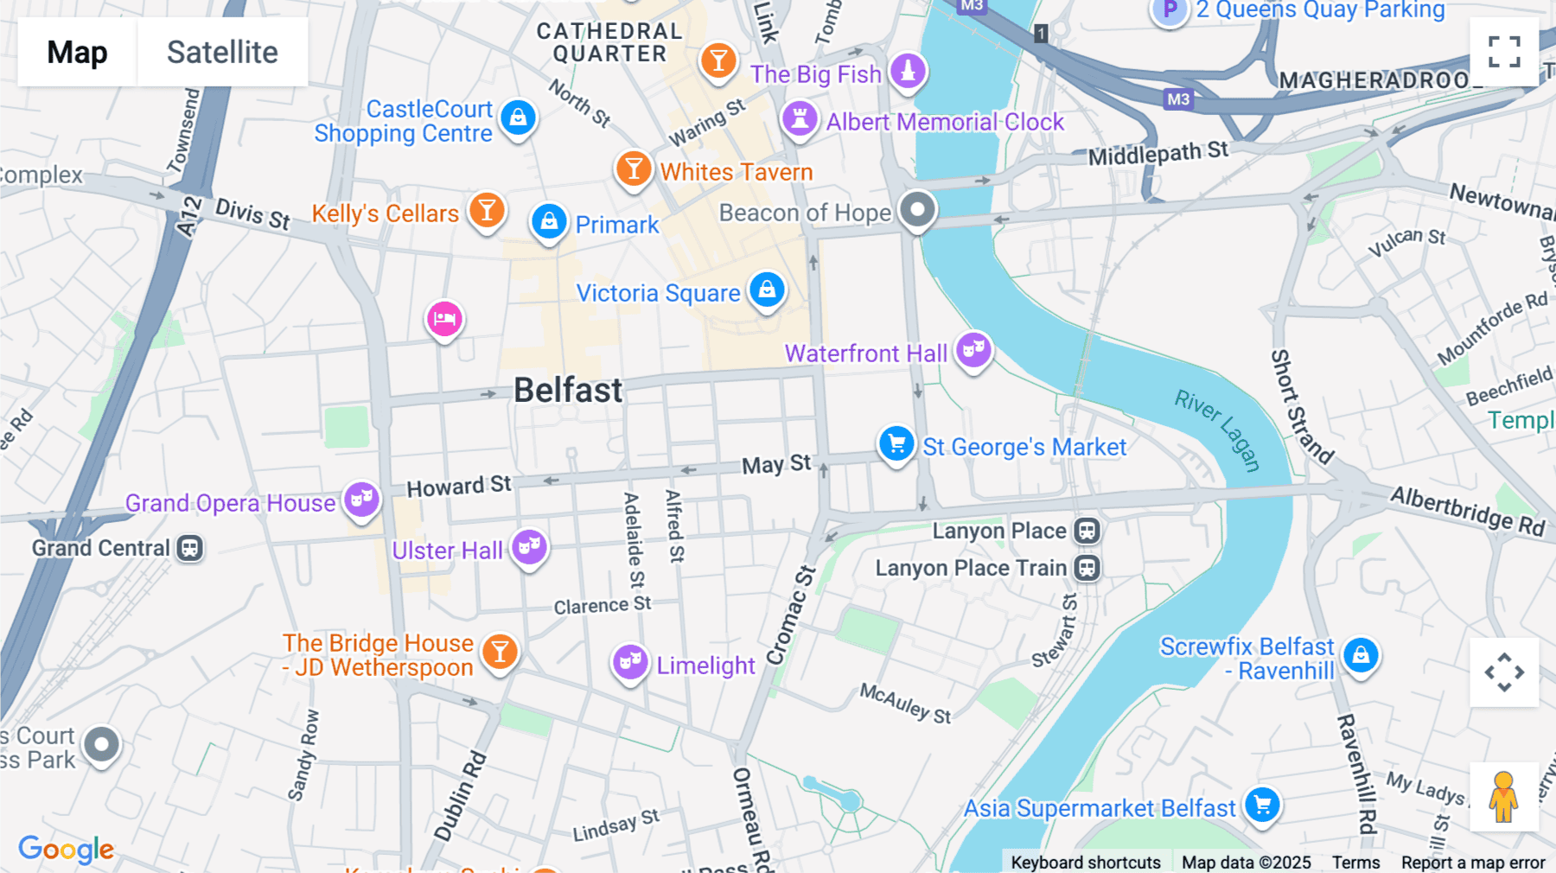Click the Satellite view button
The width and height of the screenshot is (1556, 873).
point(222,52)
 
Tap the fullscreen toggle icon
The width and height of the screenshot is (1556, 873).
point(1504,52)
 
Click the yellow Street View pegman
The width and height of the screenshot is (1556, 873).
point(1503,796)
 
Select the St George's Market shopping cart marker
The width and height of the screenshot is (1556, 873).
point(896,443)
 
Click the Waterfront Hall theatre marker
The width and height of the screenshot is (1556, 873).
point(973,350)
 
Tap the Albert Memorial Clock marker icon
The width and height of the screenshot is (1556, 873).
point(800,118)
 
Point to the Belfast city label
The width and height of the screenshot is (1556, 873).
point(568,391)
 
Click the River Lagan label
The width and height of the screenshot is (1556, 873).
point(1218,430)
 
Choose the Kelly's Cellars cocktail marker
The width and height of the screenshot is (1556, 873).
point(487,210)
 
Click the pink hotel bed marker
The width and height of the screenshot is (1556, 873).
point(444,319)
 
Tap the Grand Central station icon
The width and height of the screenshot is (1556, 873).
point(190,548)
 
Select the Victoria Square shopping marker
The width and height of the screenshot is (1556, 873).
point(767,290)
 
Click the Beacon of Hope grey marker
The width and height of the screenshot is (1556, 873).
point(917,209)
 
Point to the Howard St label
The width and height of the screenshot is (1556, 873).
point(459,487)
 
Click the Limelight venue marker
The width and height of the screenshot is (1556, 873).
point(630,663)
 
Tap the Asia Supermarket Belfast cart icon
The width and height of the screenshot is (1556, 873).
point(1262,805)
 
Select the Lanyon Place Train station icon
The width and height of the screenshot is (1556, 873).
point(1087,568)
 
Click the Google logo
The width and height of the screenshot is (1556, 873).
point(66,849)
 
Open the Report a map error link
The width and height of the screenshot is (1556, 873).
point(1472,863)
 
